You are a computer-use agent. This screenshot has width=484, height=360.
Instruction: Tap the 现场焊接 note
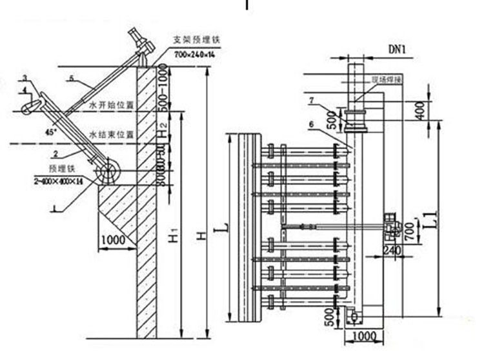[382, 79]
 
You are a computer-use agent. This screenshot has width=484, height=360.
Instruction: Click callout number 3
[24, 79]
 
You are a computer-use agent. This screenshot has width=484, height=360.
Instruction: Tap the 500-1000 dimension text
[163, 85]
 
